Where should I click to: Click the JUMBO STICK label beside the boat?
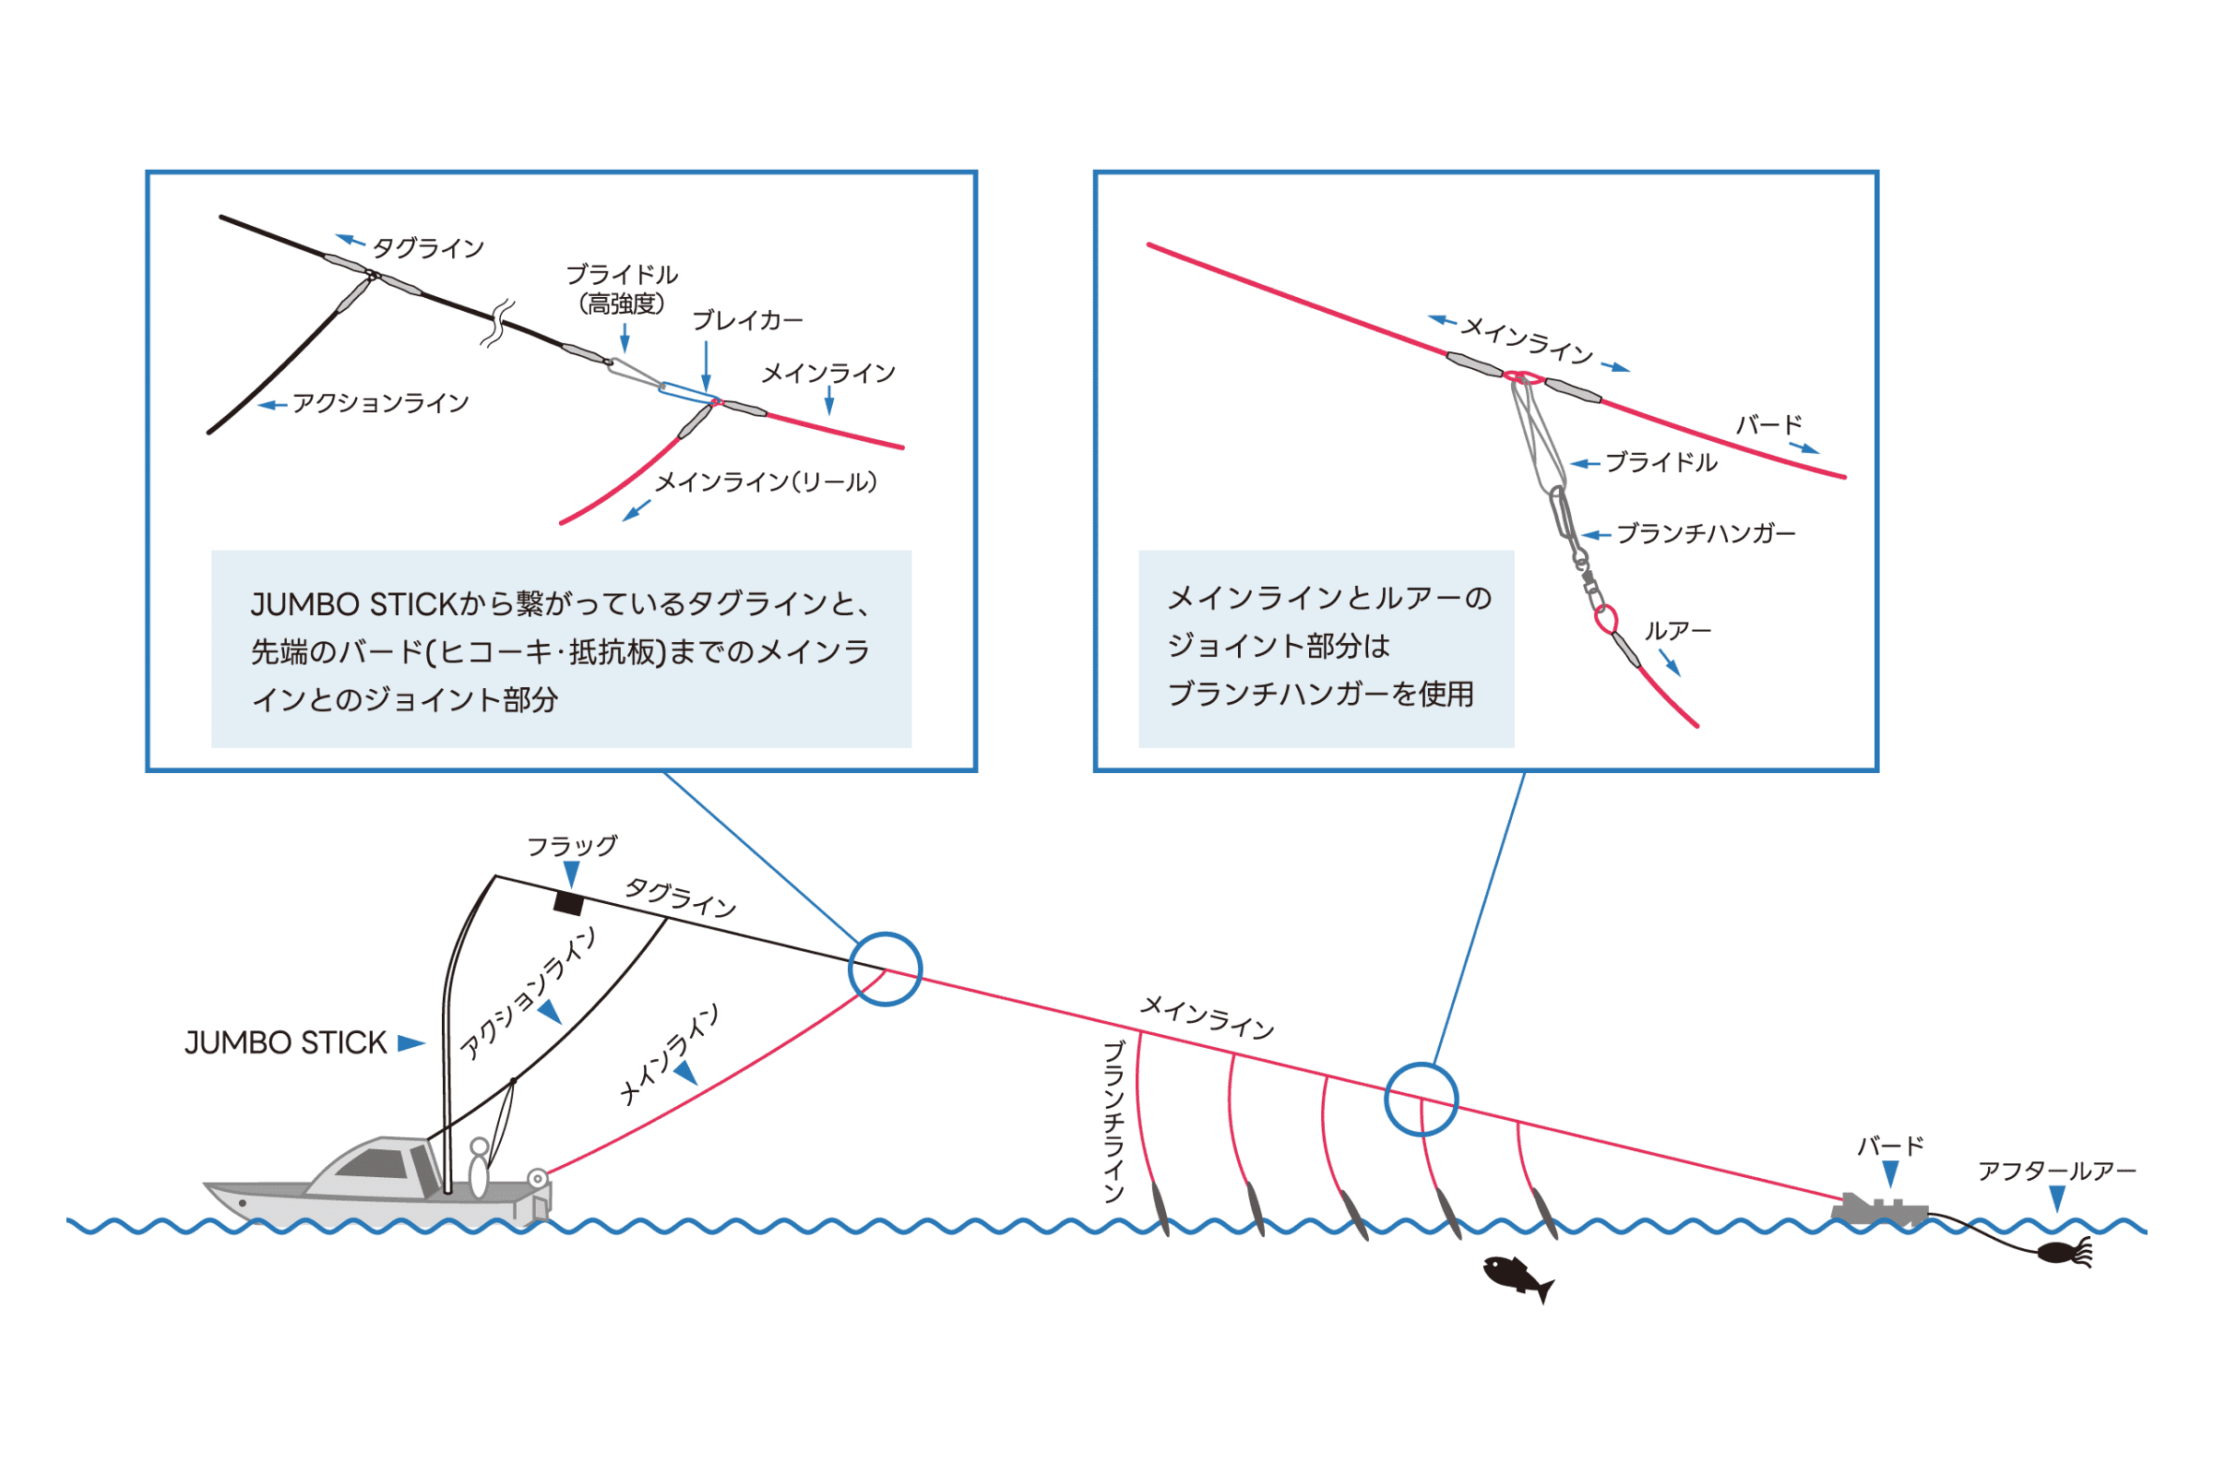tap(285, 1043)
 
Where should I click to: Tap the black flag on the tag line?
tap(568, 903)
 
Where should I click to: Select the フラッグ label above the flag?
tap(572, 846)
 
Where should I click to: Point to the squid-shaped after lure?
tap(2065, 1252)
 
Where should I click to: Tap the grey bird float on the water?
tap(1879, 1210)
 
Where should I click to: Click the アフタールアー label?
tap(2057, 1172)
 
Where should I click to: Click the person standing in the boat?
tap(479, 1169)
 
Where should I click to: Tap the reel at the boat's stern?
tap(537, 1179)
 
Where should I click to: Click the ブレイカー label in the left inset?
tap(748, 321)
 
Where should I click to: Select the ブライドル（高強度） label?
tap(622, 289)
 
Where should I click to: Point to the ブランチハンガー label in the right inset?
tap(1705, 534)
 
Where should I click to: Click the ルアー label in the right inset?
tap(1677, 631)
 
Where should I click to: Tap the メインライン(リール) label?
tap(766, 482)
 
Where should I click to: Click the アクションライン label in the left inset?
tap(380, 403)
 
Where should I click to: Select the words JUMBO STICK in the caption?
tap(353, 604)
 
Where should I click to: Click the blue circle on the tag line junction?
tap(885, 969)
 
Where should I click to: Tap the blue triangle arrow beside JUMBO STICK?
tap(411, 1043)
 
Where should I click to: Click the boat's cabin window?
tap(375, 1163)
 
